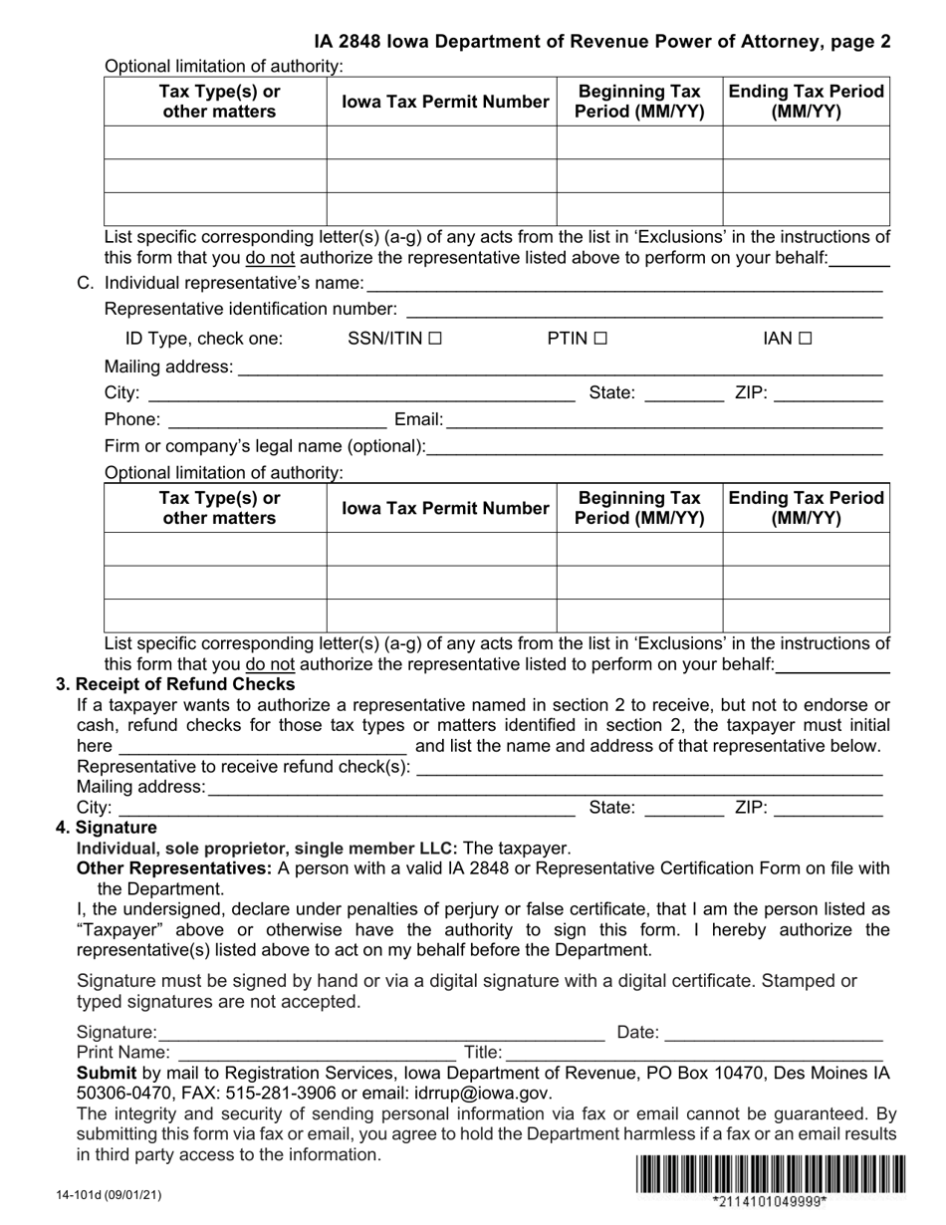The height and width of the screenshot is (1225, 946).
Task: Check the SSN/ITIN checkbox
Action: coord(434,339)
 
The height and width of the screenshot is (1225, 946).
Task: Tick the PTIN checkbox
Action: coord(599,339)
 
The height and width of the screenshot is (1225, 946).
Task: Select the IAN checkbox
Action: coord(805,339)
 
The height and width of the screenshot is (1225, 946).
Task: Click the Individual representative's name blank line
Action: coord(623,285)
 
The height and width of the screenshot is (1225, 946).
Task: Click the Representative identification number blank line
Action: coord(643,311)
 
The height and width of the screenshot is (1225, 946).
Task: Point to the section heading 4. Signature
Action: coord(107,828)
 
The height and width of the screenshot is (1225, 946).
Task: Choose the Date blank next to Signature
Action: coord(774,1033)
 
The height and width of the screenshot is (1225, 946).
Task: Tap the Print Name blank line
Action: coord(316,1053)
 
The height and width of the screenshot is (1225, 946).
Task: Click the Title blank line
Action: coord(694,1053)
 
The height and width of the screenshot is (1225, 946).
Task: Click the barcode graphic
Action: coord(769,1173)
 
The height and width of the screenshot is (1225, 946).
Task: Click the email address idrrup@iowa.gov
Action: coord(481,1093)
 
